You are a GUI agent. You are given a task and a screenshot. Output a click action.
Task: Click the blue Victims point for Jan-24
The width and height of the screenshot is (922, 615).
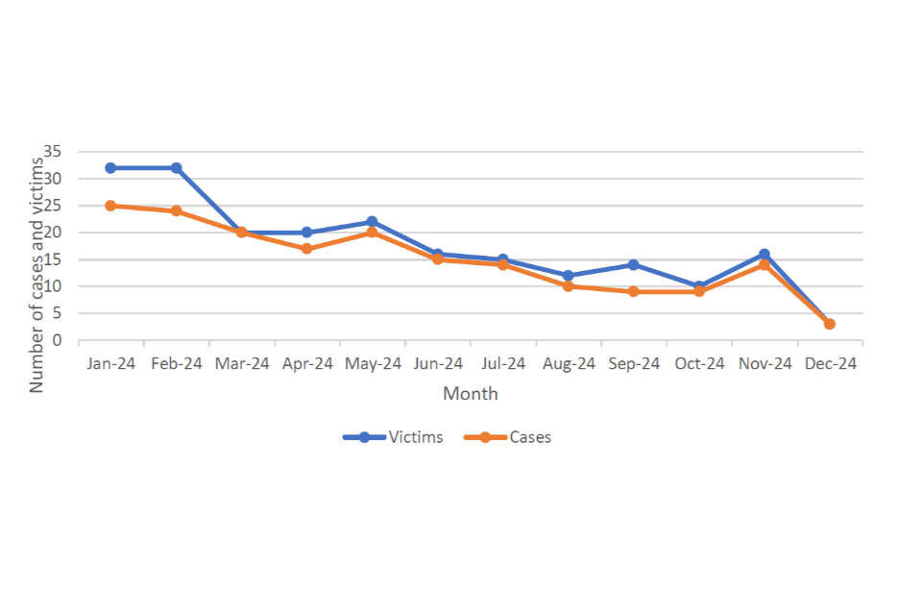tap(111, 168)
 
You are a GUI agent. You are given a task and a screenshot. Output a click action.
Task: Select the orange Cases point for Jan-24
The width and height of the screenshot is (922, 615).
tap(111, 206)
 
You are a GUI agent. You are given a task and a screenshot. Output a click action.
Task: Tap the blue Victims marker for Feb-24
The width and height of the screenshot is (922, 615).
tap(177, 168)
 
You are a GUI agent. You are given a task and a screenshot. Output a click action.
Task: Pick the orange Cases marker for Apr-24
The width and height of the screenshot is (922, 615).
tap(307, 249)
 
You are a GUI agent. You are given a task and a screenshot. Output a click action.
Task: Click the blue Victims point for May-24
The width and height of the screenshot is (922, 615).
tap(373, 222)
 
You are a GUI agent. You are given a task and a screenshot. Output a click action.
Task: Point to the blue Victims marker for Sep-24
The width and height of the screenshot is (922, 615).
tap(634, 264)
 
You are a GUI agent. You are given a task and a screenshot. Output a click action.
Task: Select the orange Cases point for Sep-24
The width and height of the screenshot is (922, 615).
tap(634, 291)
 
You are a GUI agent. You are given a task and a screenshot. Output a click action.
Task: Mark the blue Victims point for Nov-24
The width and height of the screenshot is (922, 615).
tap(764, 255)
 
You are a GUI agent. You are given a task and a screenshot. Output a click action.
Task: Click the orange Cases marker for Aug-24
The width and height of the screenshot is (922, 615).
tap(569, 286)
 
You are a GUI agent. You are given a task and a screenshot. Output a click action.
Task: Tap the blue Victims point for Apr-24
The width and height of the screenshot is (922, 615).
tap(307, 233)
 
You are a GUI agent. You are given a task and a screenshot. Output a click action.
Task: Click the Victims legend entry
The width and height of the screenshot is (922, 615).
tap(395, 437)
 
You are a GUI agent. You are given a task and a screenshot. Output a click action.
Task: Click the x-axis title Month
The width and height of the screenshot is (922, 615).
tap(471, 394)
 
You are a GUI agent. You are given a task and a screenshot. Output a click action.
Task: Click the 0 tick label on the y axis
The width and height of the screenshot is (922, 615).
tap(58, 340)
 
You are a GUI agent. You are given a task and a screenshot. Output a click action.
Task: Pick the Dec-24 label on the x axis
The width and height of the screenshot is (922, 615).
tap(830, 364)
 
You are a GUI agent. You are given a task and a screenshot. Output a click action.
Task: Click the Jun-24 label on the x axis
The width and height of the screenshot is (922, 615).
tap(438, 364)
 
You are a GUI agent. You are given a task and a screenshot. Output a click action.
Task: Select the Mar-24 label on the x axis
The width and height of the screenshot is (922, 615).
tap(242, 364)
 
